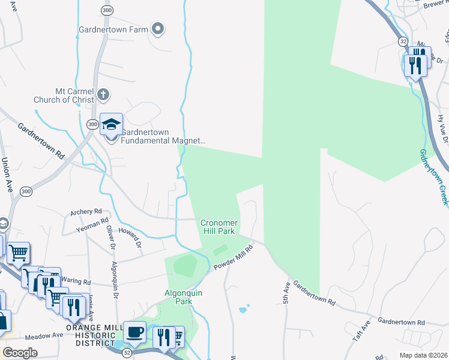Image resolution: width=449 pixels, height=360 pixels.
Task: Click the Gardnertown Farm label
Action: [113, 29]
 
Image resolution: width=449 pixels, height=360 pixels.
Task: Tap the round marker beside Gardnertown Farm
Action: [158, 28]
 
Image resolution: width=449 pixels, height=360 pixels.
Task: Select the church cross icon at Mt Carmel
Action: [103, 94]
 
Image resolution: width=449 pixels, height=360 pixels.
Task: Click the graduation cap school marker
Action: [111, 125]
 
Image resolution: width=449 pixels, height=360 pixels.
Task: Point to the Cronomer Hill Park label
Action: [219, 227]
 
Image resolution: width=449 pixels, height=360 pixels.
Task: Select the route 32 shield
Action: [402, 41]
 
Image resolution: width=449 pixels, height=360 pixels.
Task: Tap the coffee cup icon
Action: [135, 332]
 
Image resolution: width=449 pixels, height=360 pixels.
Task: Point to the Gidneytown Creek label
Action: [433, 178]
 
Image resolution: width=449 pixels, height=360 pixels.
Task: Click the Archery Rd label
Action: [86, 212]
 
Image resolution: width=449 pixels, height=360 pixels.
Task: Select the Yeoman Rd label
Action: [91, 226]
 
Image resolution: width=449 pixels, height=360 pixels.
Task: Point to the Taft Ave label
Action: [361, 331]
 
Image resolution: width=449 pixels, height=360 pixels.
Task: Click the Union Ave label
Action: [7, 171]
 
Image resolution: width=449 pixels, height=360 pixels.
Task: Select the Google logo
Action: [20, 353]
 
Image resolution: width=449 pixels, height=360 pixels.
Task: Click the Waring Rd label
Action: [76, 281]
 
